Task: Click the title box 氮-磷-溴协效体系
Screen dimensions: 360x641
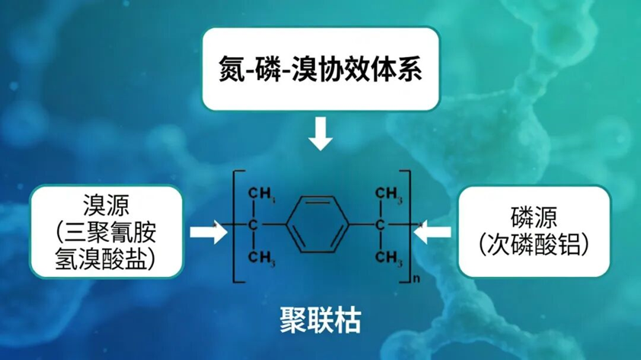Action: point(320,69)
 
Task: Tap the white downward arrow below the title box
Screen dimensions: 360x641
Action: point(320,134)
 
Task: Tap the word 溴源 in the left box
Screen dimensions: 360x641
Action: point(106,205)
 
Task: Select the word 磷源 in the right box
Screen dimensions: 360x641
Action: point(534,216)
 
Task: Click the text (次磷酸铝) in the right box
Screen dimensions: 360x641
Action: point(534,244)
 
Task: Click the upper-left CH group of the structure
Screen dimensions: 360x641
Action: point(262,196)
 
